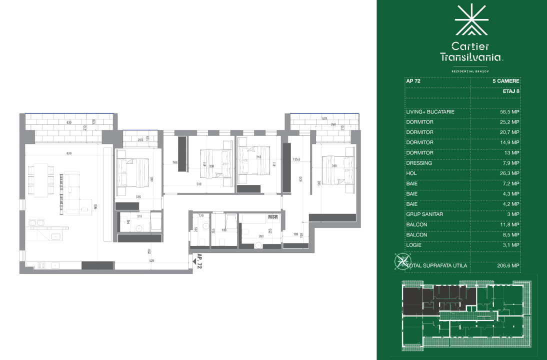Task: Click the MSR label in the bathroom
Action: (x=273, y=217)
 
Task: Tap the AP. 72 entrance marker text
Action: (x=199, y=262)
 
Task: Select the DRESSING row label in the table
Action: (x=419, y=163)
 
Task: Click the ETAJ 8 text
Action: (x=510, y=91)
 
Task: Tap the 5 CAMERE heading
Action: (x=506, y=80)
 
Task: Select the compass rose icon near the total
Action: (x=401, y=261)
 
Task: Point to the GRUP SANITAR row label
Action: (x=424, y=214)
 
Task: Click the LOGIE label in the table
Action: (x=414, y=245)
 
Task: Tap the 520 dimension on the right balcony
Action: (x=324, y=119)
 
